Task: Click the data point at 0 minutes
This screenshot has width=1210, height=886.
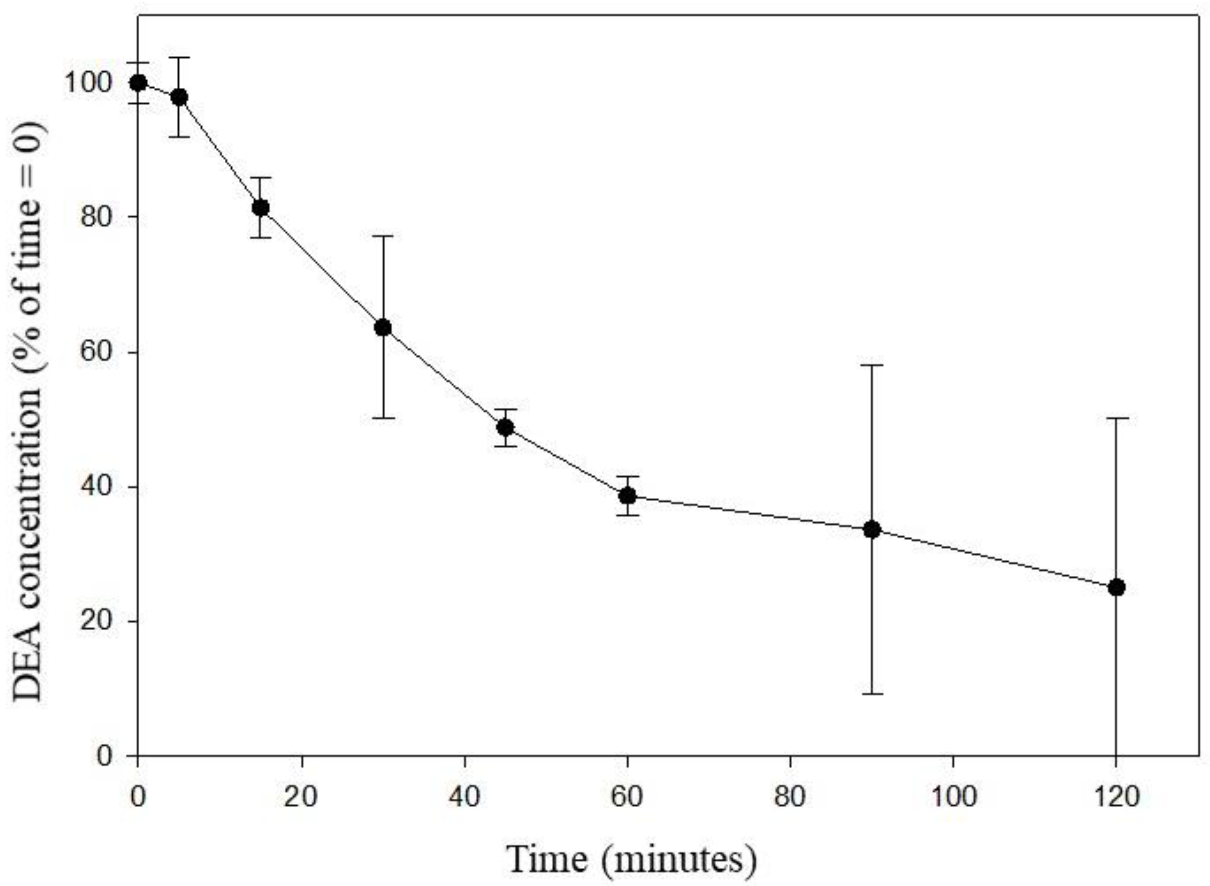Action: (x=138, y=83)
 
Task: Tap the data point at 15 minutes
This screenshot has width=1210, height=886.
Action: (x=261, y=208)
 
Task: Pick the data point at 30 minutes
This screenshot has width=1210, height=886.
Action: (x=383, y=328)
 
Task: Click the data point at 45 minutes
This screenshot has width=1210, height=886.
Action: (x=505, y=427)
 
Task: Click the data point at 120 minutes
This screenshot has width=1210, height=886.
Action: (x=1116, y=587)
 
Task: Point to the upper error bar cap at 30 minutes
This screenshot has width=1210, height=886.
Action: (x=383, y=236)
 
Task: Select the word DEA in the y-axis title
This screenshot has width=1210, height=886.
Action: (x=27, y=670)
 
